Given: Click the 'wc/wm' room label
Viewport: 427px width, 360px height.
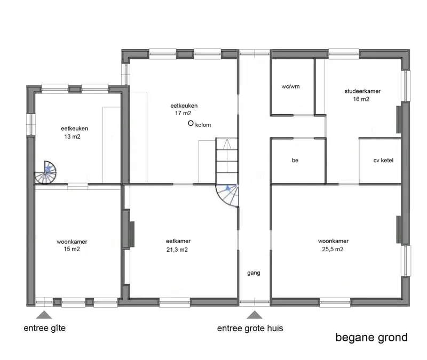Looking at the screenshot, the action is tap(290, 86).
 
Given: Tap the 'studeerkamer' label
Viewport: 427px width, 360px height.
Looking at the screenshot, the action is tap(362, 91).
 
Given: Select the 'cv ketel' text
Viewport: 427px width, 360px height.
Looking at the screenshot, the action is tap(383, 161).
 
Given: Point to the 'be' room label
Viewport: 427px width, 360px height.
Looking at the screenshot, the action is tap(295, 161).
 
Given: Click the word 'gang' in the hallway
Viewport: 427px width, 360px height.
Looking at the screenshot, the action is tap(254, 273).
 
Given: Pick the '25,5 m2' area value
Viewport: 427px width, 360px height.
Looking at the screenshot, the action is tap(333, 249).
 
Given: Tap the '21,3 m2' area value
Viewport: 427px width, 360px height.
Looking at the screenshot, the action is tap(177, 250).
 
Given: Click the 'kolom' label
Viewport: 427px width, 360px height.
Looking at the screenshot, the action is tap(203, 125).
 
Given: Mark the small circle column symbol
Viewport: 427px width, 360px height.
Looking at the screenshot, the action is tap(191, 123).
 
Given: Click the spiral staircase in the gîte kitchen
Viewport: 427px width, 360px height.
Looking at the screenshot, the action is tap(46, 172).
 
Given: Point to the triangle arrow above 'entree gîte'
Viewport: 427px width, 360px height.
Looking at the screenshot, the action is tap(44, 315).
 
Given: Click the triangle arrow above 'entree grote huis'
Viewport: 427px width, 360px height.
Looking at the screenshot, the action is tap(255, 315).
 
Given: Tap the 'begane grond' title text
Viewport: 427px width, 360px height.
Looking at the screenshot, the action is tap(371, 338).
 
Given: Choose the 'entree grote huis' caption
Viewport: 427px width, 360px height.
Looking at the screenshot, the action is tap(250, 329).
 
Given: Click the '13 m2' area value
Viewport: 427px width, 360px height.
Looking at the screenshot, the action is tap(72, 137).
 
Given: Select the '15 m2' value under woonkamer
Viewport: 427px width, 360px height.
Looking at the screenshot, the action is tap(72, 249).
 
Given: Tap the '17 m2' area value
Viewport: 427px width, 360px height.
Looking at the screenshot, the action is tap(183, 113).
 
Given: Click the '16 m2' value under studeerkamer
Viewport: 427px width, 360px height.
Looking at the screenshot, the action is tap(361, 99).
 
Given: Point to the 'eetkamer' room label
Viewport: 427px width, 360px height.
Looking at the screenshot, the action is tap(178, 241).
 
